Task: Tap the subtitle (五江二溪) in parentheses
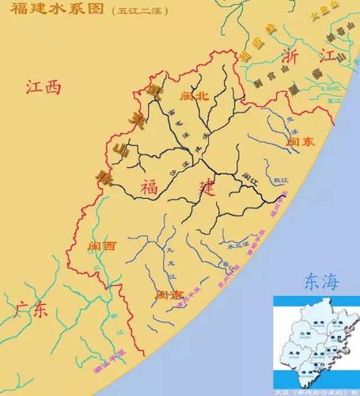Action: tap(136, 12)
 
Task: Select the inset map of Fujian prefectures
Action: tap(315, 341)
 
